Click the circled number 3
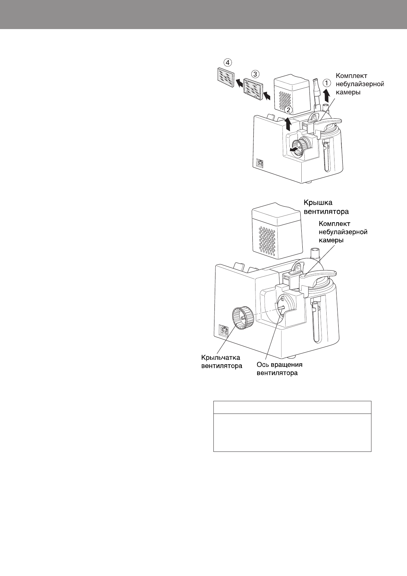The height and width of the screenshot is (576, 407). pyautogui.click(x=254, y=73)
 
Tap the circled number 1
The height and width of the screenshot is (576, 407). pyautogui.click(x=327, y=83)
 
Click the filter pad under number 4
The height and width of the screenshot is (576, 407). pyautogui.click(x=226, y=78)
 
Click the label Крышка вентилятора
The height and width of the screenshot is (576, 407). pyautogui.click(x=326, y=207)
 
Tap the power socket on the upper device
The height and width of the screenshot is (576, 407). pyautogui.click(x=260, y=163)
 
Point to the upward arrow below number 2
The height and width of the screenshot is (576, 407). pyautogui.click(x=288, y=124)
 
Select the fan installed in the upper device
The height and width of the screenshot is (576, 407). pyautogui.click(x=301, y=148)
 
